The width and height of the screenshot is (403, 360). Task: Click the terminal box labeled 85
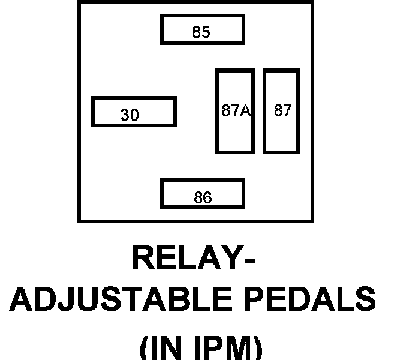pos(202,30)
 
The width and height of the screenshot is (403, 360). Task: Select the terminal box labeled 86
pos(202,194)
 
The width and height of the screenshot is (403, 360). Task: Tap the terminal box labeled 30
pos(133,112)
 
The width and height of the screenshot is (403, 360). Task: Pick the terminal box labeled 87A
pos(234,111)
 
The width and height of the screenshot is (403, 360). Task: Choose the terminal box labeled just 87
pos(281,111)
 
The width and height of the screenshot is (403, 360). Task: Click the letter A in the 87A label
pos(245,111)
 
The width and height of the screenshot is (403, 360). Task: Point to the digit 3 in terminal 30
pos(125,115)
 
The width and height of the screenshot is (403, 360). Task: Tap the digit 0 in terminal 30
pos(134,115)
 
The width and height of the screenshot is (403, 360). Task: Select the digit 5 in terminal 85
pos(206,32)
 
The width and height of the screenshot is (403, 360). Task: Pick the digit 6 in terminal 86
pos(207,198)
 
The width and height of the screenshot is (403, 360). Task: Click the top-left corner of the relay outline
pos(79,2)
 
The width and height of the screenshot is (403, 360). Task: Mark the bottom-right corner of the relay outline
pos(312,221)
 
